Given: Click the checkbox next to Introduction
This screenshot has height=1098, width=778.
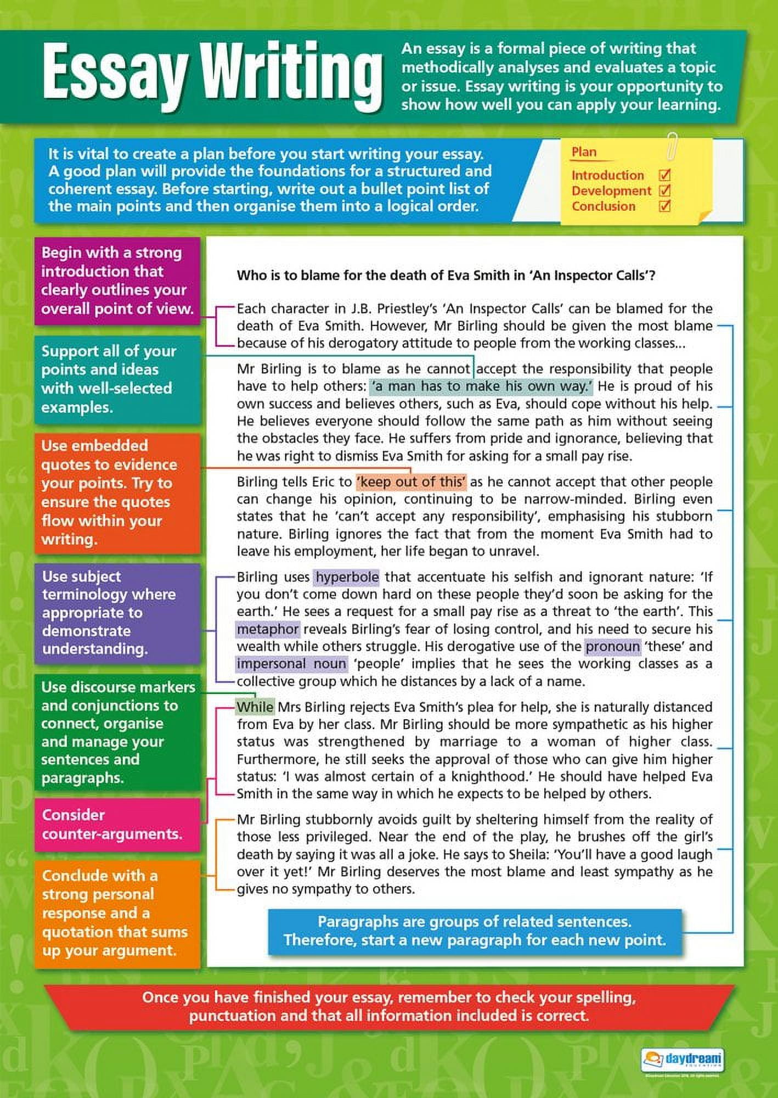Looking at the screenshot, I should pos(664,175).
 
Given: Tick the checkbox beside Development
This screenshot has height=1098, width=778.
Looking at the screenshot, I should pos(664,191).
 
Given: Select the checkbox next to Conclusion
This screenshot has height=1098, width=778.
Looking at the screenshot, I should pos(664,206).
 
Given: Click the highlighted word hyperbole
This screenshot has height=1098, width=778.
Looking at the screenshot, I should pos(347,577).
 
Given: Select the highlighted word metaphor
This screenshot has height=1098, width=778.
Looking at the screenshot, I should pos(268,629).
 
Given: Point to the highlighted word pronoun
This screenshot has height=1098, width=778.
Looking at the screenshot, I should pos(612,647).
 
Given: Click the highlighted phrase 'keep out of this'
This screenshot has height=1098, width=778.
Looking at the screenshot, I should pos(411,482).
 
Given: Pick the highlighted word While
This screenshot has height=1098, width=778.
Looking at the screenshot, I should pos(255,707).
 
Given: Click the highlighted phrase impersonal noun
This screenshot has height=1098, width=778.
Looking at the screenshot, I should pos(291,664).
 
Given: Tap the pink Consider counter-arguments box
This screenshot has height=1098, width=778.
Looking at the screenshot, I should pos(117,824).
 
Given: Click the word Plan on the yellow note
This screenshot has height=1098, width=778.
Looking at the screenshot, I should pos(584,152).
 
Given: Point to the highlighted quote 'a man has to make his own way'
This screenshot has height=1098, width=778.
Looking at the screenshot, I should pos(481,386).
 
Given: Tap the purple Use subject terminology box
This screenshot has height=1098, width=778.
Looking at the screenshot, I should pos(117,613).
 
